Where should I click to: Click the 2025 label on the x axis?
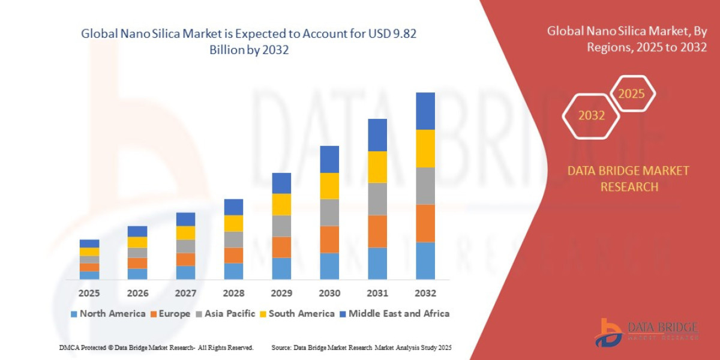[89, 293]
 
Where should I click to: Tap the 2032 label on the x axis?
[425, 293]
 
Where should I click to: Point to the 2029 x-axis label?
[281, 293]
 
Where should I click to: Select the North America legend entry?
[108, 313]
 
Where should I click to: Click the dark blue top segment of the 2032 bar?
[425, 111]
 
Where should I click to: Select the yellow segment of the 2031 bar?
[377, 167]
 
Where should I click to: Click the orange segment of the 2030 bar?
[329, 239]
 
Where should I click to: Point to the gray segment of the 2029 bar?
[281, 226]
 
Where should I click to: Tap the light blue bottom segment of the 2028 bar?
[233, 271]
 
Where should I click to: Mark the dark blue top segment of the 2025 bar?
[89, 244]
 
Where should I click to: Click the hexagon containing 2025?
[631, 94]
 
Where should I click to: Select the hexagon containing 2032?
[591, 115]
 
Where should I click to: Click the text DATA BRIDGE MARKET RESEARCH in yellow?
[628, 179]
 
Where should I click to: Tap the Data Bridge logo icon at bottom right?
[609, 332]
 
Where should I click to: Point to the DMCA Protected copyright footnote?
[156, 347]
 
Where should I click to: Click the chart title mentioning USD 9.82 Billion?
[249, 42]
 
